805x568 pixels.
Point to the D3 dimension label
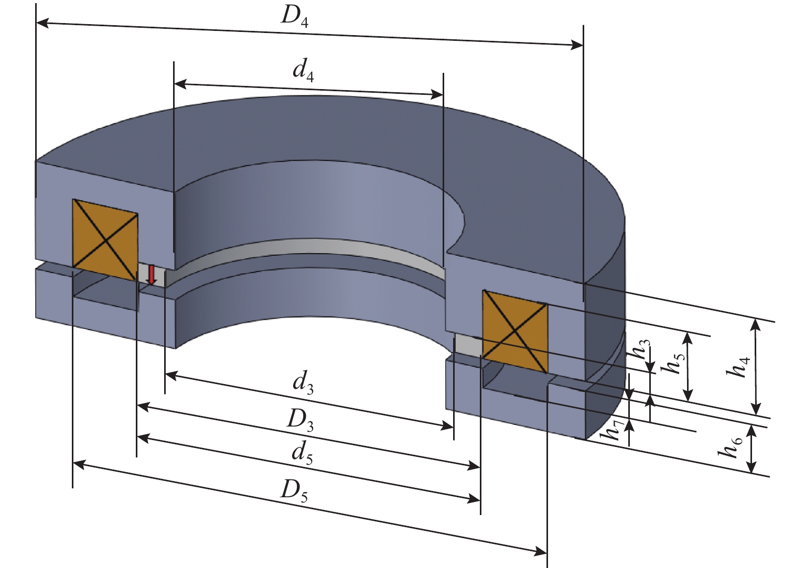coord(300,420)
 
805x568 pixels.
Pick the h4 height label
coord(739,366)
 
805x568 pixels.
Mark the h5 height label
coord(673,362)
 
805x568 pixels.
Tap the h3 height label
coord(643,349)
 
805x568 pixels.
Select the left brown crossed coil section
coord(105,240)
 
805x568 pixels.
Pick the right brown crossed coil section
coord(514,331)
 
